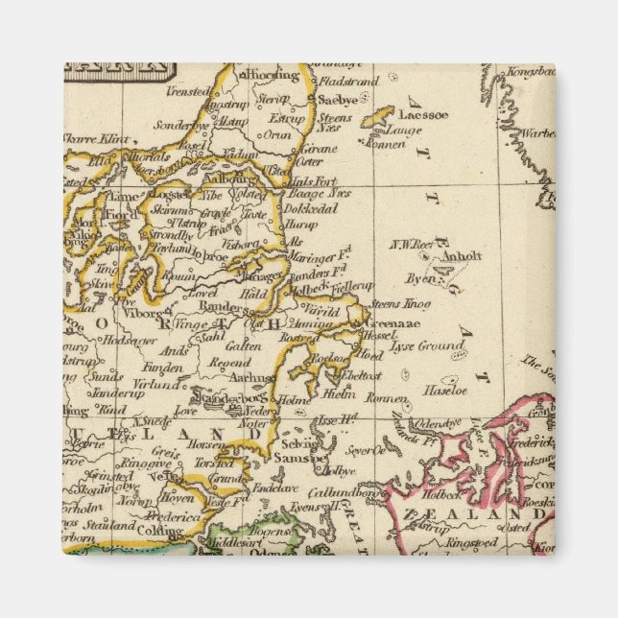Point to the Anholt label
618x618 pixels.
coord(463,256)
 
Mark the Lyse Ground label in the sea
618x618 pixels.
coord(416,345)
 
